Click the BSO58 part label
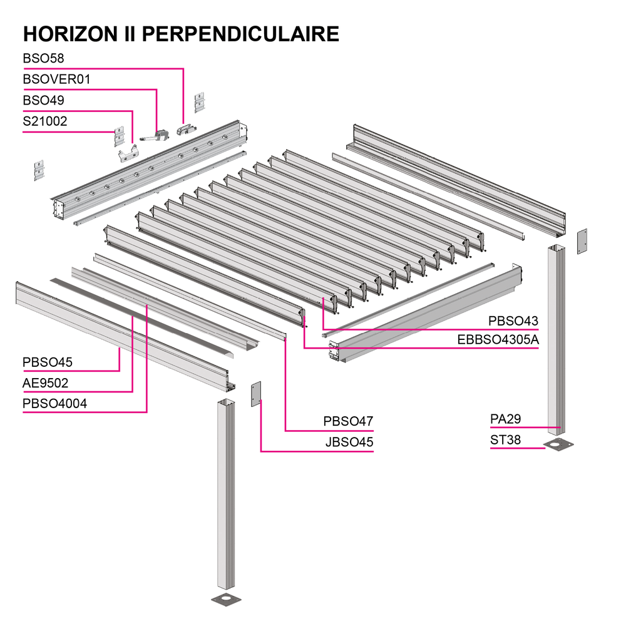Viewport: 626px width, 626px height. pyautogui.click(x=43, y=58)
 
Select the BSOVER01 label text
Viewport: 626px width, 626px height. pyautogui.click(x=57, y=80)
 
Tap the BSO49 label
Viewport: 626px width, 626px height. pyautogui.click(x=43, y=100)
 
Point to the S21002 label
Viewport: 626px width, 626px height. pyautogui.click(x=44, y=121)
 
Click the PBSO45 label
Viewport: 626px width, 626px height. pyautogui.click(x=47, y=362)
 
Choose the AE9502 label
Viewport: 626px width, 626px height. pyautogui.click(x=45, y=383)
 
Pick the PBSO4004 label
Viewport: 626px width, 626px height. pyautogui.click(x=54, y=404)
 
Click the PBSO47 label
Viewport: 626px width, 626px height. pyautogui.click(x=348, y=421)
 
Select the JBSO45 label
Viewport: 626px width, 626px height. pyautogui.click(x=349, y=442)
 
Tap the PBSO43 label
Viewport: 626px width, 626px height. pyautogui.click(x=513, y=321)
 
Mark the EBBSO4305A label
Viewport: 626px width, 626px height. pyautogui.click(x=498, y=340)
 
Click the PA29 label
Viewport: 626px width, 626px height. pyautogui.click(x=505, y=419)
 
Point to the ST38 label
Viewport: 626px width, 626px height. pyautogui.click(x=505, y=440)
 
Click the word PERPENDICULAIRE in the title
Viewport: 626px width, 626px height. pyautogui.click(x=240, y=34)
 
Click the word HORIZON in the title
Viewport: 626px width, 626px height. pyautogui.click(x=70, y=34)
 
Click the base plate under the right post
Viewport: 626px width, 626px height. pyautogui.click(x=558, y=444)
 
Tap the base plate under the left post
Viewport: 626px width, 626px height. pyautogui.click(x=227, y=599)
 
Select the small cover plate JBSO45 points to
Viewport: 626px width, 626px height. pyautogui.click(x=256, y=394)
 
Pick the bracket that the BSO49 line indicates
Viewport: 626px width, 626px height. pyautogui.click(x=128, y=155)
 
